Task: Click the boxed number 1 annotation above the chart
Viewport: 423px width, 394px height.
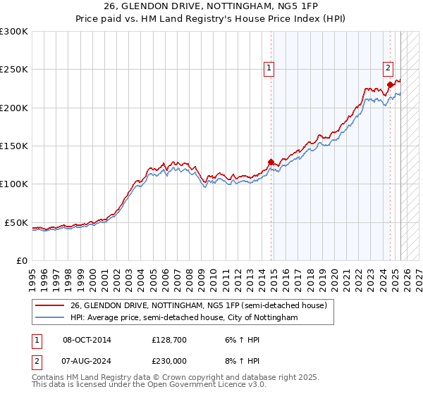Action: point(269,68)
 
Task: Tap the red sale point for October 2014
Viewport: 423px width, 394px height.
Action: point(271,162)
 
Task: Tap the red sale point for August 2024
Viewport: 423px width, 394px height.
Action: point(390,85)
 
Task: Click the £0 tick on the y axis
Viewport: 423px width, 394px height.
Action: point(21,260)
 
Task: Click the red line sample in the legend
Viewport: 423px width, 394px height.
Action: point(49,306)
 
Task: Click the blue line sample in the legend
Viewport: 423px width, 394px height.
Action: point(49,318)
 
